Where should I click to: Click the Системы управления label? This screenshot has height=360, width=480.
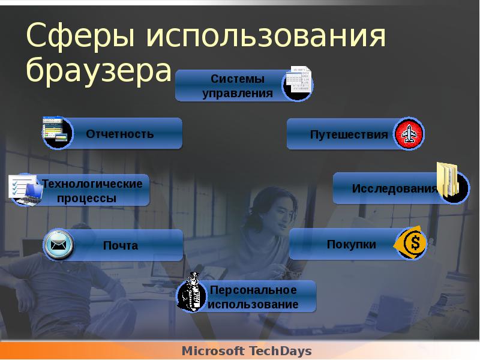pos(237,86)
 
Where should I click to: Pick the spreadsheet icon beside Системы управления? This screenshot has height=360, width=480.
pos(298,83)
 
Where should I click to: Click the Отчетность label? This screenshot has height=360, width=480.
pos(120,133)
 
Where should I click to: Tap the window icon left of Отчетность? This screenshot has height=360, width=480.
pos(57,132)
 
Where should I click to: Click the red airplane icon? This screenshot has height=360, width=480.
pos(409,134)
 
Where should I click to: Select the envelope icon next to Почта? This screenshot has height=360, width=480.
pos(58,245)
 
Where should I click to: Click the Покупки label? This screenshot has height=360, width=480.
pos(352,244)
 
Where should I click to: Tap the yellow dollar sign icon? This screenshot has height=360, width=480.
pos(412,244)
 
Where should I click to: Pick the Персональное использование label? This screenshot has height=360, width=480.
pos(253,297)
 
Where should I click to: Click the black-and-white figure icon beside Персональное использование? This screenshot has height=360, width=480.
pos(193,293)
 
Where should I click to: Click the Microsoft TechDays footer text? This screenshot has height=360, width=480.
pos(247,350)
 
